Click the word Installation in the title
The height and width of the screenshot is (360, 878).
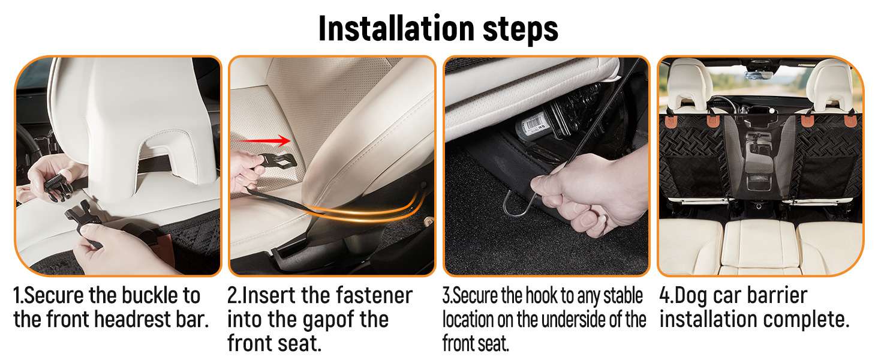click(396, 28)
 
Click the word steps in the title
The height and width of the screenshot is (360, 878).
click(521, 30)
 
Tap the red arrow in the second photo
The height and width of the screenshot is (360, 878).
click(264, 140)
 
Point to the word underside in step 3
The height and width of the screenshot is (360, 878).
click(573, 319)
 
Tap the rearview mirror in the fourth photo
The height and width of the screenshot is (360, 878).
click(759, 75)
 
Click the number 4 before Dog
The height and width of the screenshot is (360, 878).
click(665, 295)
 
